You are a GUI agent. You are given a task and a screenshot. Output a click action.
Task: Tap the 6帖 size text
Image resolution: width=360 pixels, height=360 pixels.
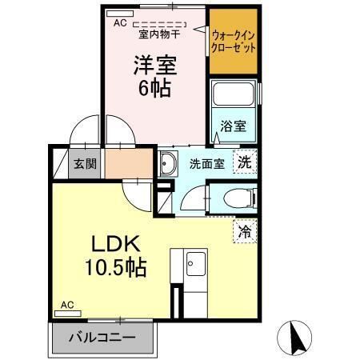(x=154, y=88)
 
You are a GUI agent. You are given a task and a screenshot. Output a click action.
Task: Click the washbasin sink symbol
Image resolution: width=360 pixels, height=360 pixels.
(x=170, y=166)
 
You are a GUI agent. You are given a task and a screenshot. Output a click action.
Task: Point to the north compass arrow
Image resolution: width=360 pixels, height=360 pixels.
(x=294, y=338)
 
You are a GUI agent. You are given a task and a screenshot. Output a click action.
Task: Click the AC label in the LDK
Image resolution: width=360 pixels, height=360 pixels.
(x=68, y=305)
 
